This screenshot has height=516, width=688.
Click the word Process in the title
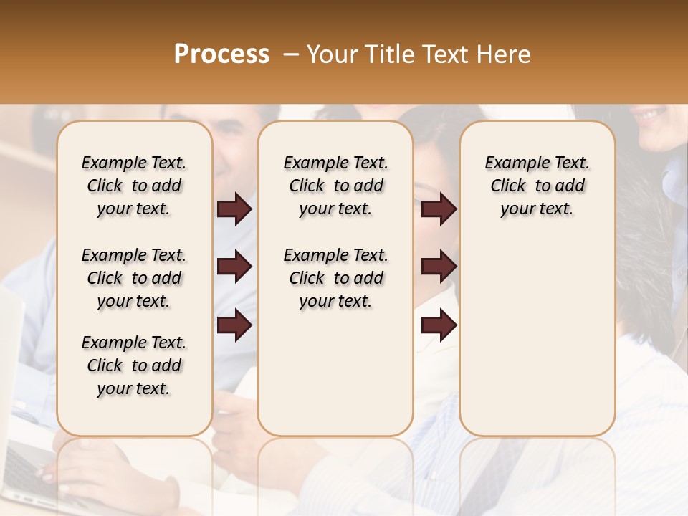point(221,54)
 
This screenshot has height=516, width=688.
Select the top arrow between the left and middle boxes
point(234,209)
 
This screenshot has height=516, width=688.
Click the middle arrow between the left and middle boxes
point(234,267)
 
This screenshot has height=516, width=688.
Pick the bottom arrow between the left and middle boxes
point(234,325)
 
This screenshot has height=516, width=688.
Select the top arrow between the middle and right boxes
point(439,209)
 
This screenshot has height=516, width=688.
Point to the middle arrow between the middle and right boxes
point(439,267)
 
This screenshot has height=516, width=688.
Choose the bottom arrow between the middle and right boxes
point(439,325)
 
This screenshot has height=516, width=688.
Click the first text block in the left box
point(134,186)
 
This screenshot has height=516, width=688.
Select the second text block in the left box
point(134,278)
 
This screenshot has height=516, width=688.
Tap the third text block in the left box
point(134,365)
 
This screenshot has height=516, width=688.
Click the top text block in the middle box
point(335,186)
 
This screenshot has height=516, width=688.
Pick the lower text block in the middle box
point(335,278)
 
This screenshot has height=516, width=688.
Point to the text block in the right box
point(537,186)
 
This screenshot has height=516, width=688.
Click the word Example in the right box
point(510,163)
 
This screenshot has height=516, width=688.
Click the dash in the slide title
point(290,54)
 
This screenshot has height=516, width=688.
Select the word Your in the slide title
point(332,54)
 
